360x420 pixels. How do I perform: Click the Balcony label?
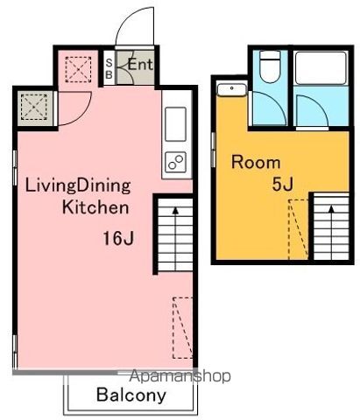pyautogui.click(x=131, y=395)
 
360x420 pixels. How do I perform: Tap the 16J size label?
pyautogui.click(x=118, y=238)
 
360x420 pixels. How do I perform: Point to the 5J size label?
pyautogui.click(x=282, y=184)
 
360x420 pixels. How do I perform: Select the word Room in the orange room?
pyautogui.click(x=256, y=162)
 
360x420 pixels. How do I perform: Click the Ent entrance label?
pyautogui.click(x=140, y=65)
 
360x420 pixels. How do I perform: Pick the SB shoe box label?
pyautogui.click(x=109, y=68)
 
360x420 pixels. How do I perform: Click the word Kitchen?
pyautogui.click(x=95, y=207)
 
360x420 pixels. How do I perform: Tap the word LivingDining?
pyautogui.click(x=78, y=186)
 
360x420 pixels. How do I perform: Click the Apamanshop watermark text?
pyautogui.click(x=180, y=376)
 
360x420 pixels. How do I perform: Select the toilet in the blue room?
pyautogui.click(x=270, y=66)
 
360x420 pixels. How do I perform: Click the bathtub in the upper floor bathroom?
pyautogui.click(x=321, y=68)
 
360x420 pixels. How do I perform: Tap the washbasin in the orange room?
pyautogui.click(x=232, y=89)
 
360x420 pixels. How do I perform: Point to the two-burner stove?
pyautogui.click(x=175, y=162)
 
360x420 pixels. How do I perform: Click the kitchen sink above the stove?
pyautogui.click(x=175, y=124)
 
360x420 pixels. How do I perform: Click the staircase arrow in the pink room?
pyautogui.click(x=175, y=239)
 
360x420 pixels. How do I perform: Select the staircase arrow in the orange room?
pyautogui.click(x=331, y=233)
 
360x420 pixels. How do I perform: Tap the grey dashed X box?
pyautogui.click(x=34, y=107)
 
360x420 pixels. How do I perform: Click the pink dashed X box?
pyautogui.click(x=78, y=69)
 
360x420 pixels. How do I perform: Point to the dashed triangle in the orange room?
pyautogui.click(x=299, y=229)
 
